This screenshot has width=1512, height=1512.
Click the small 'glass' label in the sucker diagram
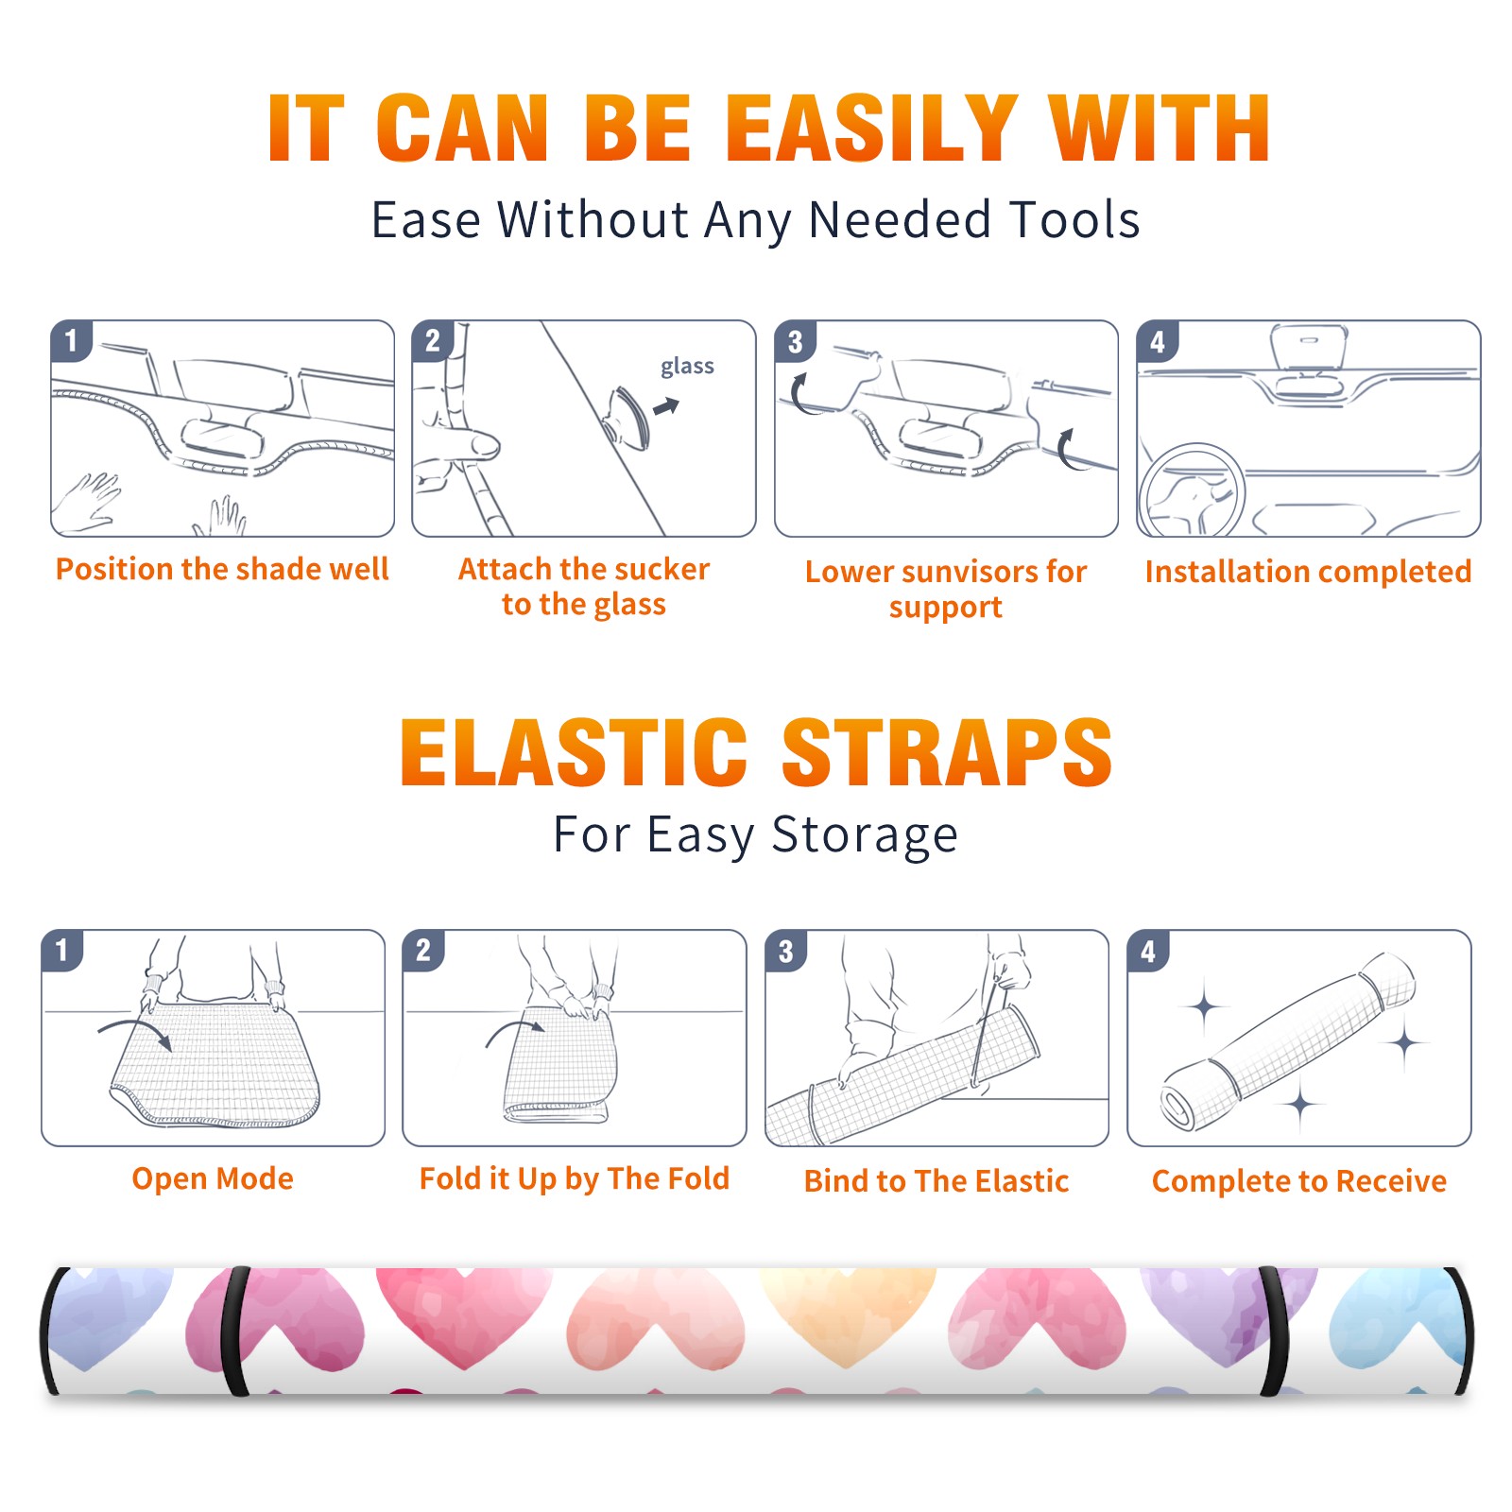pos(687,367)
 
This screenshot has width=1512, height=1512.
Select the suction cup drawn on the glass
pos(627,418)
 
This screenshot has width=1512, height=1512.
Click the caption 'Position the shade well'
pos(222,569)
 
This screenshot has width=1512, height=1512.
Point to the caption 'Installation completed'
pos(1308,571)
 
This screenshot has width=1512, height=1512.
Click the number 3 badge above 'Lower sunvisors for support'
pos(795,342)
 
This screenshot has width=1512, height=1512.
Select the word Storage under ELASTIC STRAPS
pos(865,835)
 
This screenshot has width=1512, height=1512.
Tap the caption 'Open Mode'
pos(213,1178)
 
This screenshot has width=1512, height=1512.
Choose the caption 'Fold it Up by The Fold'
pos(575,1178)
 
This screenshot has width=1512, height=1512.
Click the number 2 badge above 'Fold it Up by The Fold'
pos(423,951)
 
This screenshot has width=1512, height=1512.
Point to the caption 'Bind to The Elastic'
pos(936,1181)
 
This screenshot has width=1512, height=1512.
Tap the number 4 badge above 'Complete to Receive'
pos(1148,951)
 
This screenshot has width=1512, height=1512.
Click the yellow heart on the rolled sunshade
pos(847,1315)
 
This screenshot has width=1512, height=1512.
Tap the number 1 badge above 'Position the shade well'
pos(71,340)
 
